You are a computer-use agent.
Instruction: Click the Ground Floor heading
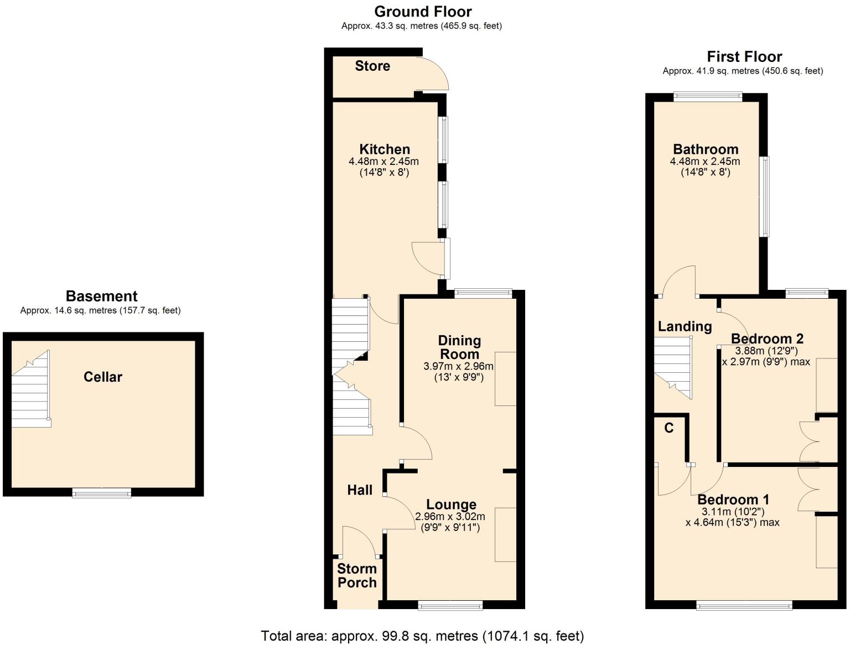pos(423,12)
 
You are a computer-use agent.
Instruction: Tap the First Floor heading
pos(744,57)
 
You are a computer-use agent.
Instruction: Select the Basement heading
pos(101,297)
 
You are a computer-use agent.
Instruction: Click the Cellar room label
pos(102,377)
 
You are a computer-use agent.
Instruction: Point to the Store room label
pos(372,66)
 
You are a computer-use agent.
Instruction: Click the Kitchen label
pos(385,149)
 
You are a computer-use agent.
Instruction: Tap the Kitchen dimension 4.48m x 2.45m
pos(383,162)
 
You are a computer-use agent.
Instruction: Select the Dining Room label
pos(459,347)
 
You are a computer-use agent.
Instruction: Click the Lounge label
pos(451,504)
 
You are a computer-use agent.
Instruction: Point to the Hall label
pos(360,490)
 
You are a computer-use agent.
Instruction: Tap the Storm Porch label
pos(357,576)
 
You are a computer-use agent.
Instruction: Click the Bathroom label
pos(706,149)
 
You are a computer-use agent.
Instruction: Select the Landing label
pos(685,327)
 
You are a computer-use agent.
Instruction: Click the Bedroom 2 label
pos(767,339)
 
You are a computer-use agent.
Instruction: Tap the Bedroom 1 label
pos(733,500)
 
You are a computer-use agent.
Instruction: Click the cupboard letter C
pos(668,428)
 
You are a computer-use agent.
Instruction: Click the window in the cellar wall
pos(102,492)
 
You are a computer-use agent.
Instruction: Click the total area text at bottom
pos(422,636)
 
